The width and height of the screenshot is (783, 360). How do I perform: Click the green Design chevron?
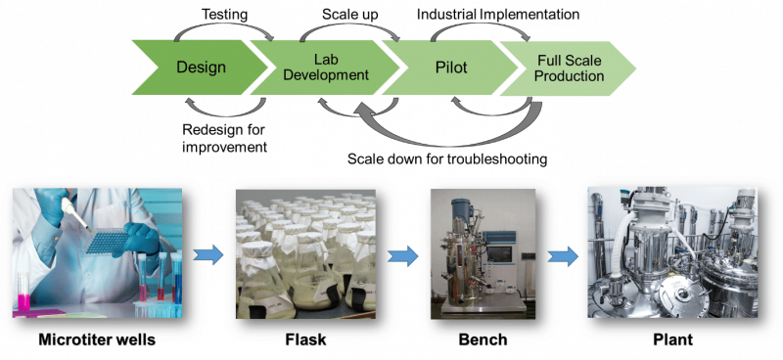(201, 67)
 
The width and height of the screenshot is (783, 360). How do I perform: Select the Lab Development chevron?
(325, 67)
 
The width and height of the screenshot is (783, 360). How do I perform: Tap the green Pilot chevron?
(449, 67)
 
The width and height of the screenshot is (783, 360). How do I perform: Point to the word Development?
(327, 75)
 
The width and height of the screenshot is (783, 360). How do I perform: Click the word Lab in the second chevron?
(327, 60)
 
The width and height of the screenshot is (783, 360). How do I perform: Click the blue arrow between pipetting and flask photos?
(208, 256)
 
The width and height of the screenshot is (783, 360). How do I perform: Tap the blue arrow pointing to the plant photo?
(562, 257)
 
